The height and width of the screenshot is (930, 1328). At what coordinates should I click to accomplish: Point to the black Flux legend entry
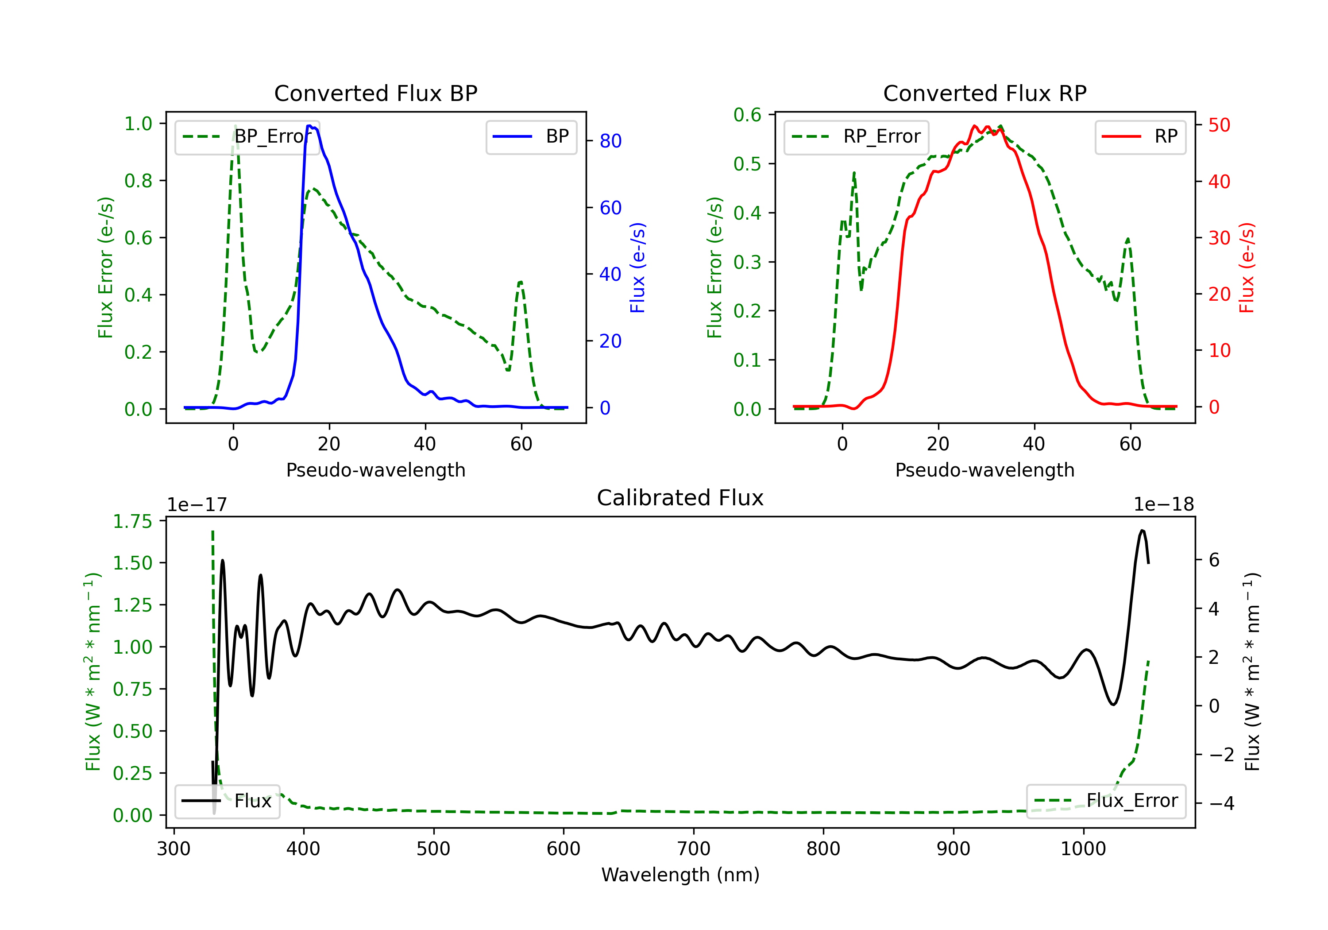(228, 801)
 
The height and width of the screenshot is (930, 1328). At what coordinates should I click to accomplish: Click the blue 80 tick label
(610, 141)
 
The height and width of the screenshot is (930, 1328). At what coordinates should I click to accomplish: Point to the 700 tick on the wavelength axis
(694, 849)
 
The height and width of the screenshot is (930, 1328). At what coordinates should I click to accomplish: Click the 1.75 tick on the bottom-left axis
(132, 521)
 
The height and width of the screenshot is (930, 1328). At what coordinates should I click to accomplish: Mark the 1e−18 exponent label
(1164, 505)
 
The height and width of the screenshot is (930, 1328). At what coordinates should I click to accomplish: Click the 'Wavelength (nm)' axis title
(680, 875)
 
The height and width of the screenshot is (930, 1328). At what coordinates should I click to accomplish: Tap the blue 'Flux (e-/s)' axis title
(637, 268)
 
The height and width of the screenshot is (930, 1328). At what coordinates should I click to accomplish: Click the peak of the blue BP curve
(309, 126)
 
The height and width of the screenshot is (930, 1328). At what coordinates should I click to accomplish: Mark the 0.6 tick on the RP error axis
(747, 115)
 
